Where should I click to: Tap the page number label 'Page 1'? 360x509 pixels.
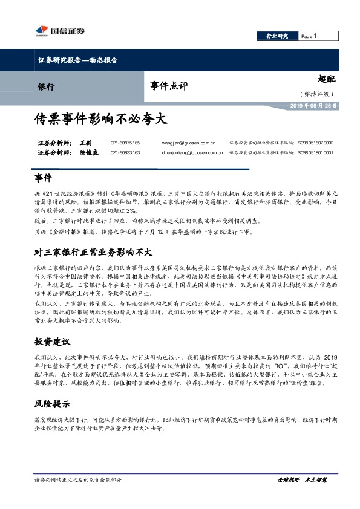click(x=309, y=36)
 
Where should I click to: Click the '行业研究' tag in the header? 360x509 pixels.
click(x=277, y=36)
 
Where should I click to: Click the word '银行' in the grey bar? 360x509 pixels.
click(x=46, y=86)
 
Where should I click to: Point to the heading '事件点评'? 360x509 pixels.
click(x=169, y=86)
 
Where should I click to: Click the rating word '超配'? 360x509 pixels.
click(x=326, y=79)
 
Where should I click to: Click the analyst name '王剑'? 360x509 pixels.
click(x=86, y=143)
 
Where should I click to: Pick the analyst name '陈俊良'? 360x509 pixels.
click(x=90, y=152)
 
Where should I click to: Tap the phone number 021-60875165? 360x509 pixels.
click(x=125, y=143)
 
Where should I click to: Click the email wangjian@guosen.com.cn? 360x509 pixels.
click(x=189, y=143)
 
